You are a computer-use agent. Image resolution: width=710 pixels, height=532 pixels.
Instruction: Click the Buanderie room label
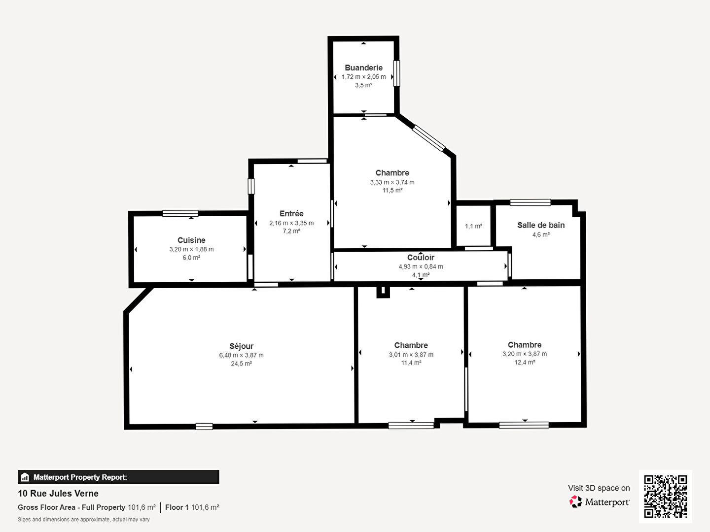pos(363,68)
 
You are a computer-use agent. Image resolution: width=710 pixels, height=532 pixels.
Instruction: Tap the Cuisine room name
pos(191,240)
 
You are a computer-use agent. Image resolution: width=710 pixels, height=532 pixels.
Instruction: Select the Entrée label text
pos(291,213)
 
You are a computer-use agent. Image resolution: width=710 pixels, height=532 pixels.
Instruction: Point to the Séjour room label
pos(241,346)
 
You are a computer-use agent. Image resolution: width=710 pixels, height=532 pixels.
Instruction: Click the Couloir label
pos(421,258)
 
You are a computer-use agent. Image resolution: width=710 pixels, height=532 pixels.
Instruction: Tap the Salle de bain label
pos(541,225)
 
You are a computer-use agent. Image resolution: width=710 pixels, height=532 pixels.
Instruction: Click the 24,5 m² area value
pos(241,364)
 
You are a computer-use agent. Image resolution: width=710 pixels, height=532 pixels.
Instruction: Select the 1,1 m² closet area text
pos(473,226)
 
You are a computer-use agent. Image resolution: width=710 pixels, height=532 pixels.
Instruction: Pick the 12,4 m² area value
pos(525,363)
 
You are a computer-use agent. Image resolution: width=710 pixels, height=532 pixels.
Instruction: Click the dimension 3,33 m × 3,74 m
pos(392,182)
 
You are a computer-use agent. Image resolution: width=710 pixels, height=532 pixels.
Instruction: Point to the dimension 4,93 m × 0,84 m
pos(421,266)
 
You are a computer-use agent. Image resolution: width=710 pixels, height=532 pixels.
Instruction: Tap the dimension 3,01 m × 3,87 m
pos(411,355)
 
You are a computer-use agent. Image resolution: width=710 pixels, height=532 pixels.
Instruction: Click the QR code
pos(665,497)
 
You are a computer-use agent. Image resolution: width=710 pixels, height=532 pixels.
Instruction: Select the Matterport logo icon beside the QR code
pos(575,501)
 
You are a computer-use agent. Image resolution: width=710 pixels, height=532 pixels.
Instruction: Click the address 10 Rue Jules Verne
pos(58,494)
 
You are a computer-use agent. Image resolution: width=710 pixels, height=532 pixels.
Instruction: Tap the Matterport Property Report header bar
pos(118,477)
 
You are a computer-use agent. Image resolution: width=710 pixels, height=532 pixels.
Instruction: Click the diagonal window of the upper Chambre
pos(428,138)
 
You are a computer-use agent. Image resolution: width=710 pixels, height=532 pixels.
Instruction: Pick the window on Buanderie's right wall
pos(396,73)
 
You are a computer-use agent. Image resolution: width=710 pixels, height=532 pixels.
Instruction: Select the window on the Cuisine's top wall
pos(180,213)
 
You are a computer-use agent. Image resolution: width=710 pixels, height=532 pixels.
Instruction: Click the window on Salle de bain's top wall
pos(531,202)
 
